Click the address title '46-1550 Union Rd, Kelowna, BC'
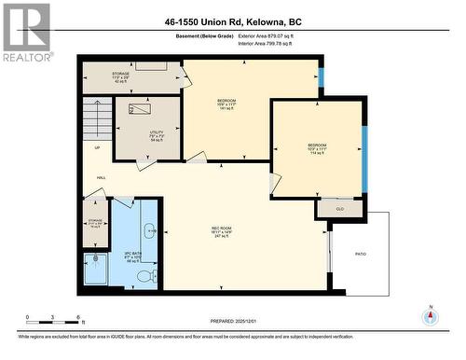233,21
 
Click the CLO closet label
339,209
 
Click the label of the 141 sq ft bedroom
226,103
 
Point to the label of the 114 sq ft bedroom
317,148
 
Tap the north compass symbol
430,318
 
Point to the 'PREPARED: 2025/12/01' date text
233,324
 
